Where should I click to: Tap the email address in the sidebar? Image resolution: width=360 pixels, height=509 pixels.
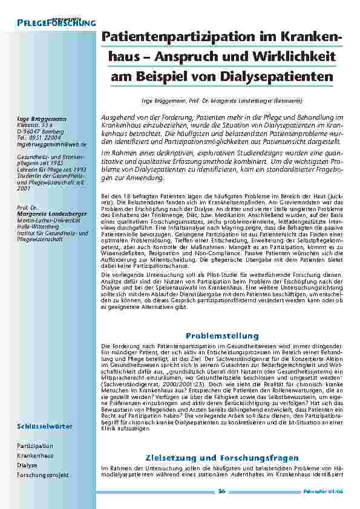tap(52, 145)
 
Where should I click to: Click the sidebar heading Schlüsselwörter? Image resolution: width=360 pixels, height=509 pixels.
tap(45, 426)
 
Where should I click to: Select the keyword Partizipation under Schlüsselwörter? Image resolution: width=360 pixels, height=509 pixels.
tap(35, 446)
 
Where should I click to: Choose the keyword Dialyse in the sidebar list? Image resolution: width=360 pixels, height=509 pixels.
tap(27, 465)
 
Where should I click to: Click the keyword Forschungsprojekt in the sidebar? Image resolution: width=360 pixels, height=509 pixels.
tap(43, 475)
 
